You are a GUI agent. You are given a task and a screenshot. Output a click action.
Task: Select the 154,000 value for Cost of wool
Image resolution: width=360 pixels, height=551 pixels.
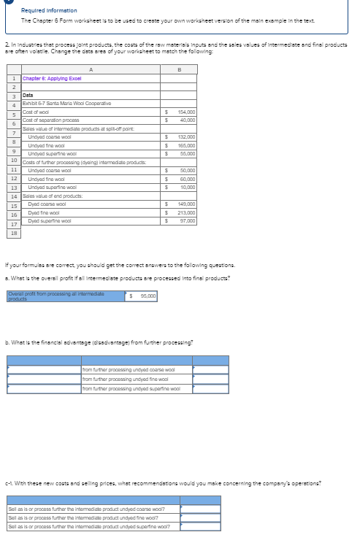pyautogui.click(x=185, y=112)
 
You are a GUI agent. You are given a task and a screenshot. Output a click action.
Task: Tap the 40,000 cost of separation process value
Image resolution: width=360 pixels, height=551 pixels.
pyautogui.click(x=187, y=120)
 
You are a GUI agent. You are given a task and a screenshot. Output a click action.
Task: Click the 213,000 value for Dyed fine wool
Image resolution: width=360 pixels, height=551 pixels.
pyautogui.click(x=185, y=212)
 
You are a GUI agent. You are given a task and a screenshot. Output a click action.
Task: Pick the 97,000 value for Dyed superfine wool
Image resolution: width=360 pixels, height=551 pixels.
pyautogui.click(x=187, y=220)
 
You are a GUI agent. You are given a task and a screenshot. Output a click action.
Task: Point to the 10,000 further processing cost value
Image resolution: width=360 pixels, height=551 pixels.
pyautogui.click(x=187, y=187)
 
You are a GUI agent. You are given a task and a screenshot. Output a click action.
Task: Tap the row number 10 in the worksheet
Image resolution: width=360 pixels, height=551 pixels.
pyautogui.click(x=14, y=159)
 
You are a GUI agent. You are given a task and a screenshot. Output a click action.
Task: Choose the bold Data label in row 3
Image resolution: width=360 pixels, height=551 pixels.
pyautogui.click(x=28, y=95)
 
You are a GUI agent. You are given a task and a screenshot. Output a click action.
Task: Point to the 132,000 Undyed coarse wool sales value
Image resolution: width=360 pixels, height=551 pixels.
pyautogui.click(x=185, y=136)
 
